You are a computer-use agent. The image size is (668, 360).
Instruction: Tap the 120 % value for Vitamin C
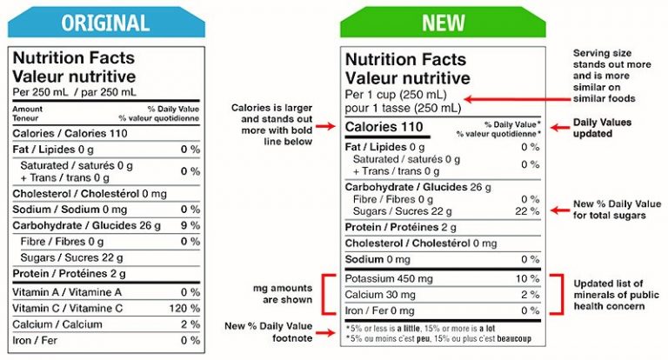coord(184,308)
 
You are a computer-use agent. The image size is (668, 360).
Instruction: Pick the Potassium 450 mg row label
coord(389,278)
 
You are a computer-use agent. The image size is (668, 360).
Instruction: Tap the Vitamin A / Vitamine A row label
coord(66,292)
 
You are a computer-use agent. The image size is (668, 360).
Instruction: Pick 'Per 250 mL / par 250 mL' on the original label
coord(75,92)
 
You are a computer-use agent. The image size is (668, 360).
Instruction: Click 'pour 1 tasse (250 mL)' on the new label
coord(403,109)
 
